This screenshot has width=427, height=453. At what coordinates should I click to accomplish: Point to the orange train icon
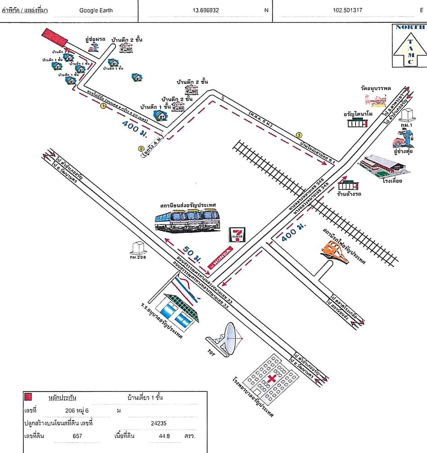(x=336, y=251)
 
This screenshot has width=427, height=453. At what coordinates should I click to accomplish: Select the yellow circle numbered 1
(x=103, y=106)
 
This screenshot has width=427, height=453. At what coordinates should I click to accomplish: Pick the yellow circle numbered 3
(x=298, y=135)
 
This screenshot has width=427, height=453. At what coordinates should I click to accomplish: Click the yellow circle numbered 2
(x=141, y=149)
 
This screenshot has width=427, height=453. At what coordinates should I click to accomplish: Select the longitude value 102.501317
(x=348, y=10)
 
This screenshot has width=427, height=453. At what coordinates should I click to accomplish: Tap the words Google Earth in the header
(x=96, y=10)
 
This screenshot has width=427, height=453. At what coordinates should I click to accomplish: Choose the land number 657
(x=77, y=435)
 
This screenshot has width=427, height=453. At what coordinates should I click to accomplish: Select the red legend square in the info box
(x=28, y=397)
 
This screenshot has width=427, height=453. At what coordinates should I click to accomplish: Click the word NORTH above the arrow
(x=409, y=27)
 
